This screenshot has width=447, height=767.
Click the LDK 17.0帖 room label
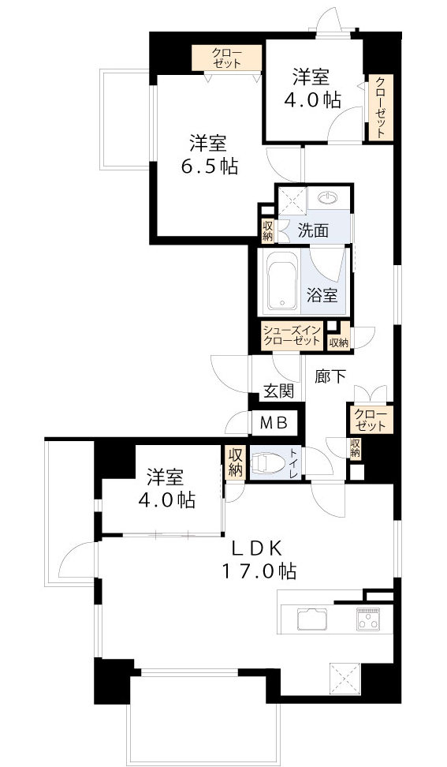pos(259,559)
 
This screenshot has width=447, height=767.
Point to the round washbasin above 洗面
pos(327,197)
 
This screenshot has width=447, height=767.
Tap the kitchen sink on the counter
pos(312,619)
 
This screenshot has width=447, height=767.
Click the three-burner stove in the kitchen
pos(368,619)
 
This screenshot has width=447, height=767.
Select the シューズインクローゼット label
pos(292,335)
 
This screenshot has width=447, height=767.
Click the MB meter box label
pos(274,424)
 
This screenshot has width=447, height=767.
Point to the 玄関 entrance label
pos(278,391)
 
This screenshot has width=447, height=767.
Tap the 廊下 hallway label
pos(331,376)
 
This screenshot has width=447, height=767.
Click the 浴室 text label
pos(322,295)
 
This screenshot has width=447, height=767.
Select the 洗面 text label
pos(313,230)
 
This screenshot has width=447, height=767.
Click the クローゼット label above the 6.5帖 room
pos(226,58)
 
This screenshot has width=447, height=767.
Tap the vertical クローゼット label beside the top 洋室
pos(381,107)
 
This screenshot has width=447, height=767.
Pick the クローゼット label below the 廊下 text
pos(371,420)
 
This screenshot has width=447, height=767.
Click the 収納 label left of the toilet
pos(234,462)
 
